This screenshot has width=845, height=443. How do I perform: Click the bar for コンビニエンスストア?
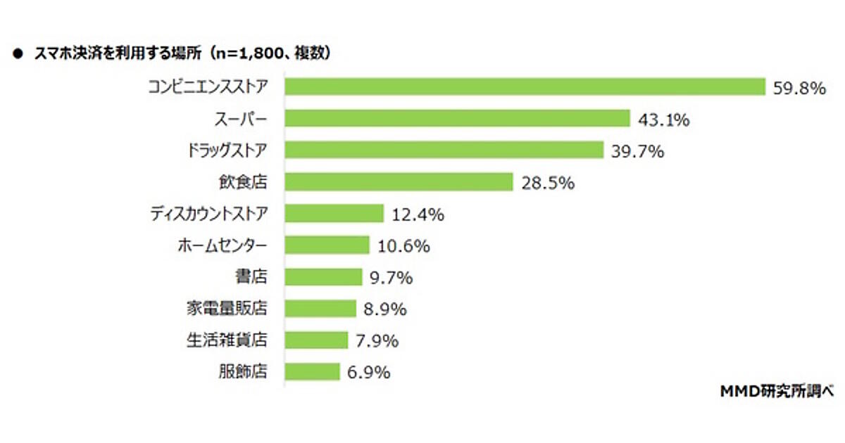click(525, 86)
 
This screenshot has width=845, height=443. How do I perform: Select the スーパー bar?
click(457, 118)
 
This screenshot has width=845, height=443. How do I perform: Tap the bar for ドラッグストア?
click(444, 150)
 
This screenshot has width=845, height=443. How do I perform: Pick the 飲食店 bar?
click(399, 182)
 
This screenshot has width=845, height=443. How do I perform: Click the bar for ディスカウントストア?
click(334, 213)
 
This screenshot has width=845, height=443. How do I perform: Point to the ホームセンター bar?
click(327, 245)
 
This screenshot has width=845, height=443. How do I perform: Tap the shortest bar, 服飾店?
click(312, 371)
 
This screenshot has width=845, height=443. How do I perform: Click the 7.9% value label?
click(374, 341)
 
